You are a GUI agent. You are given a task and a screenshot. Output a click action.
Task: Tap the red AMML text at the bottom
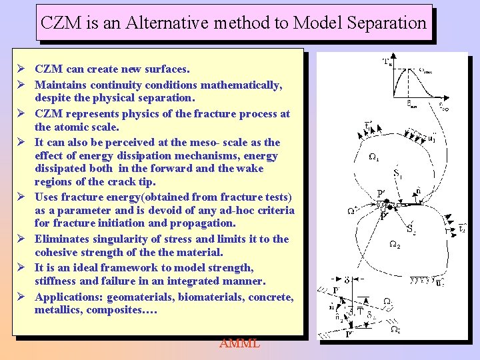click(x=239, y=343)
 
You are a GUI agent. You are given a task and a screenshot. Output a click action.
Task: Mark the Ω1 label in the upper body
click(x=374, y=158)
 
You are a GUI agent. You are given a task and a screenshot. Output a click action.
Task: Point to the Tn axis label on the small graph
click(x=387, y=62)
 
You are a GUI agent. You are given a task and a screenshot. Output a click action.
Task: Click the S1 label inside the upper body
click(x=397, y=175)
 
